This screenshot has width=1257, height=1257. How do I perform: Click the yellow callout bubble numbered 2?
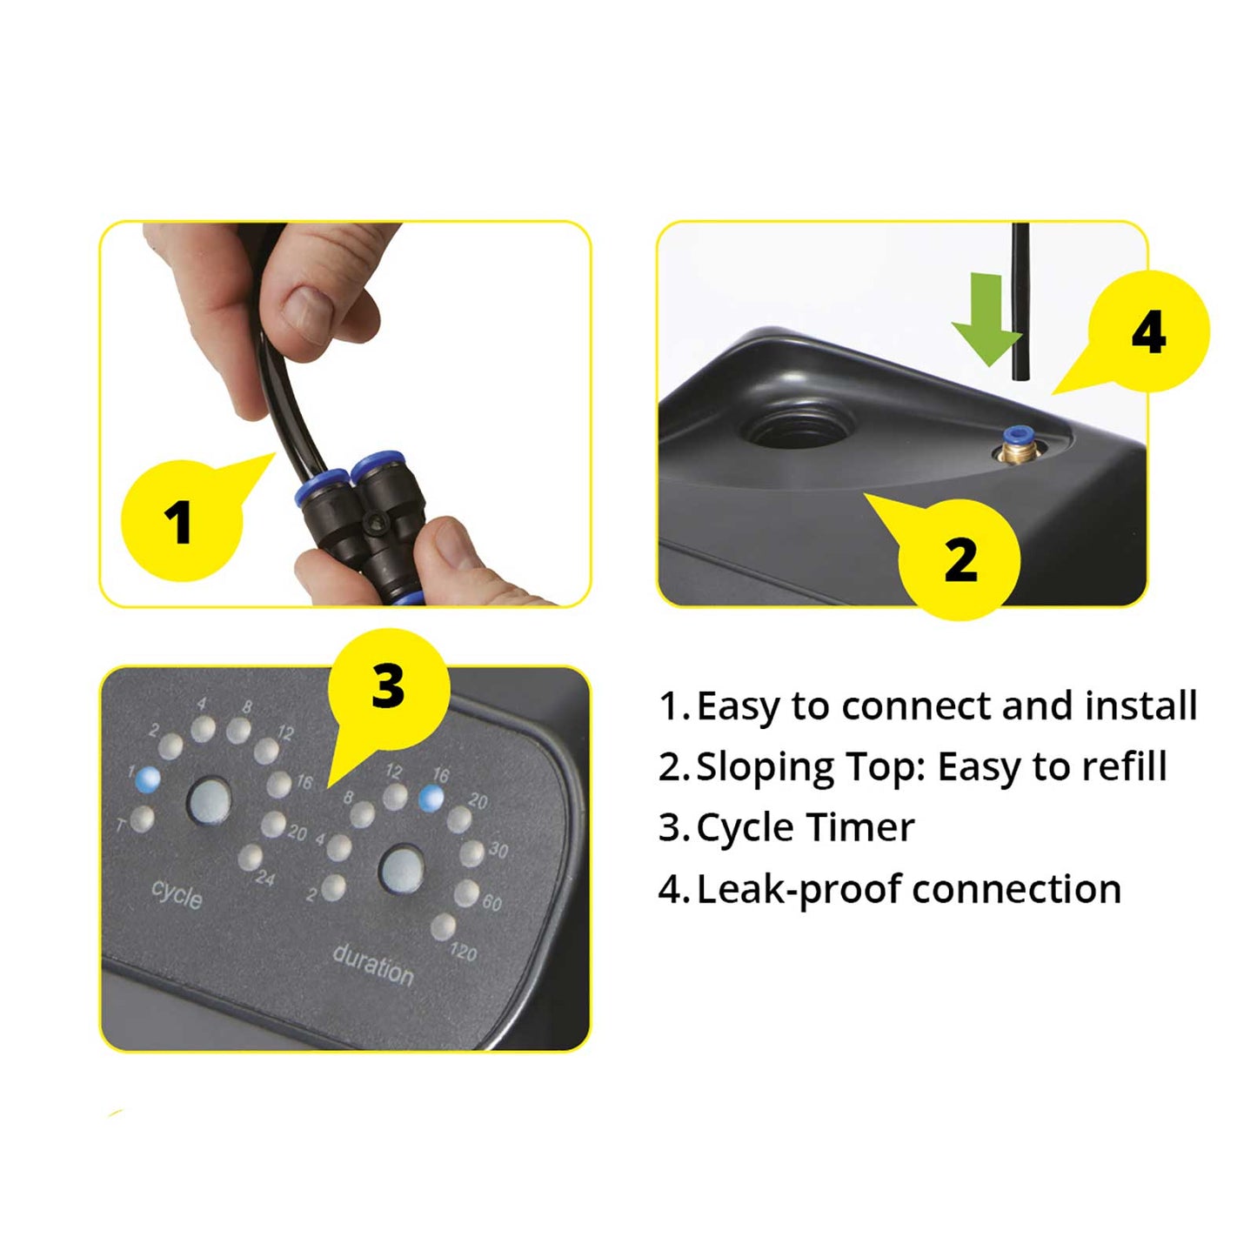[956, 554]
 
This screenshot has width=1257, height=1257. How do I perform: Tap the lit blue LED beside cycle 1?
[148, 779]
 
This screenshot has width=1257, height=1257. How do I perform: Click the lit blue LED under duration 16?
[431, 797]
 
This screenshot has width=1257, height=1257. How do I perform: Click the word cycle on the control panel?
[177, 893]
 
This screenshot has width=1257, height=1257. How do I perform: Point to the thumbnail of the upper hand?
[306, 314]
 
